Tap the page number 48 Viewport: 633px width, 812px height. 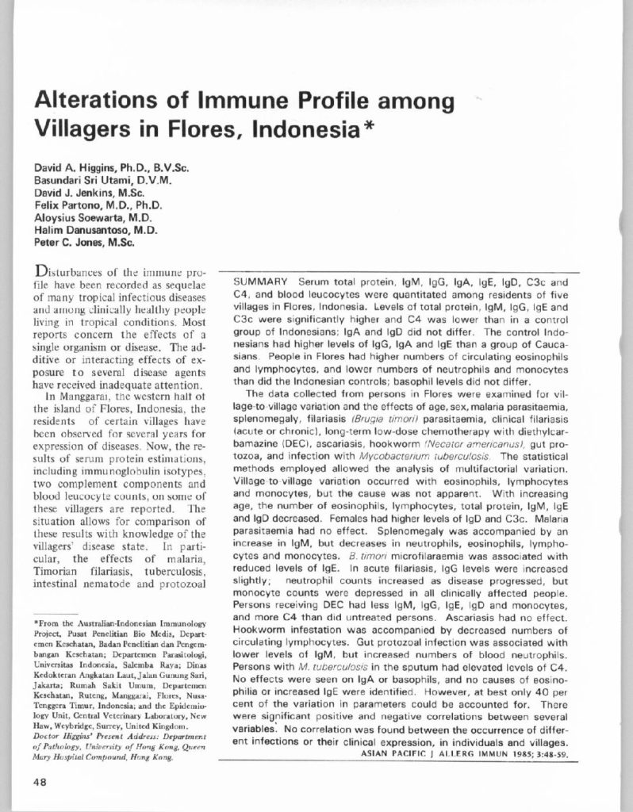click(41, 780)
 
